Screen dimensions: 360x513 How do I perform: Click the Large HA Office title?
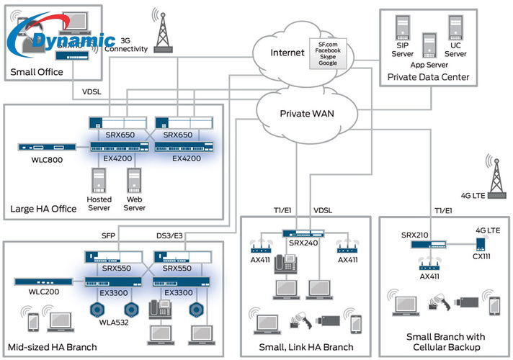44,209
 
